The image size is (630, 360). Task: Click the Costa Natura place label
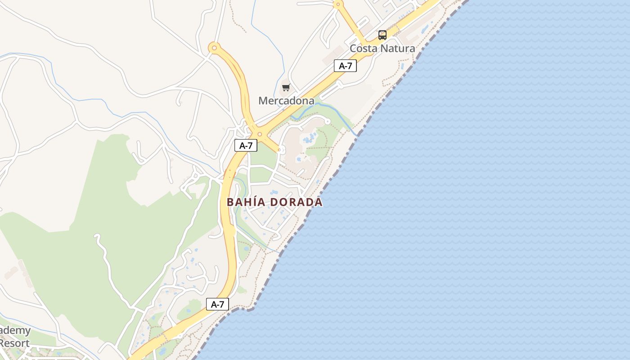[x=382, y=48]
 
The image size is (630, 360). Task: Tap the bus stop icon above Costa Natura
[x=382, y=35]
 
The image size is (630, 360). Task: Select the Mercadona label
[x=286, y=100]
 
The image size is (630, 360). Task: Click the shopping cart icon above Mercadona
[x=286, y=87]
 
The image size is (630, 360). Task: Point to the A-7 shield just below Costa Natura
[x=345, y=66]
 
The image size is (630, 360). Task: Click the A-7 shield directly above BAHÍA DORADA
[x=246, y=145]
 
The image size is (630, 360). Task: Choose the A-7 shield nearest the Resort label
[x=217, y=305]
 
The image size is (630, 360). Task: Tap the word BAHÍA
[x=246, y=202]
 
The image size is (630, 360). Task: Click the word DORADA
[x=297, y=202]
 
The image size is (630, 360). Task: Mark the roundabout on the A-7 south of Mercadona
[x=259, y=134]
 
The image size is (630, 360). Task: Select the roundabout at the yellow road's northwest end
[x=214, y=47]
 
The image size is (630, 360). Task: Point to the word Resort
[x=14, y=343]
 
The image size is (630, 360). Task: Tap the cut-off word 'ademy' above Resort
[x=15, y=331]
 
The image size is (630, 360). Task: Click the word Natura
[x=398, y=48]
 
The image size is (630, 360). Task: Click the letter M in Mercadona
[x=263, y=100]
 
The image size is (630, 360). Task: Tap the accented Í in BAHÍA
[x=251, y=202]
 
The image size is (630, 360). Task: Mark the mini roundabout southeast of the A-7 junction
[x=281, y=149]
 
